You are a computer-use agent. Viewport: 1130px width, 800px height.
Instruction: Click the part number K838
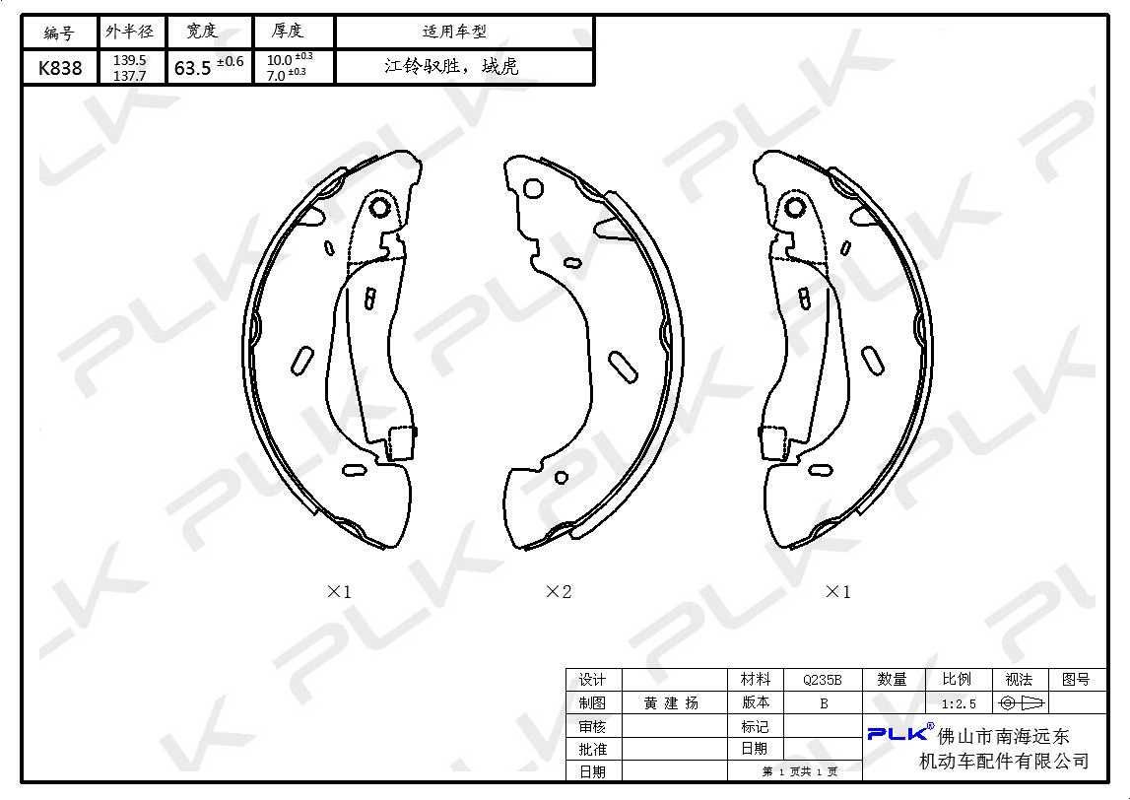click(60, 68)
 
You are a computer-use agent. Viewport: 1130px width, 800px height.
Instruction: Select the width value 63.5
click(192, 68)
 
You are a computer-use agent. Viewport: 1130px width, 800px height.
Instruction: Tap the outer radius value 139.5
click(130, 60)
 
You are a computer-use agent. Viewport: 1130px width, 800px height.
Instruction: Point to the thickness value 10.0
click(279, 60)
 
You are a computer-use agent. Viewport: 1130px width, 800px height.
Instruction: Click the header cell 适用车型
click(454, 32)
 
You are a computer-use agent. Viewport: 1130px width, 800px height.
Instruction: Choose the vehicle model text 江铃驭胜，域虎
click(451, 67)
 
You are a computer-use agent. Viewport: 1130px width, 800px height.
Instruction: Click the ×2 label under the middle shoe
click(559, 592)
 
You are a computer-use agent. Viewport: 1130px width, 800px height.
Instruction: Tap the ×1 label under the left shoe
click(339, 592)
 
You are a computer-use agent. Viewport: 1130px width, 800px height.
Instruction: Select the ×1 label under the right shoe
click(837, 592)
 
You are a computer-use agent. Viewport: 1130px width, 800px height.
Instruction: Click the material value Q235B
click(823, 680)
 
